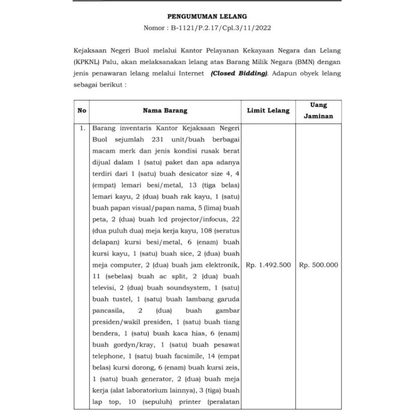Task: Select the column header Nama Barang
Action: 165,110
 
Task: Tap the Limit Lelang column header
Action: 268,110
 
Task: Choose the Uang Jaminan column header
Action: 319,110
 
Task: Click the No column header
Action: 82,110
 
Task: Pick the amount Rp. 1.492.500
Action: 268,265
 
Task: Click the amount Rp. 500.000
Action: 319,265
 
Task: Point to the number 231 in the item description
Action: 159,139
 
